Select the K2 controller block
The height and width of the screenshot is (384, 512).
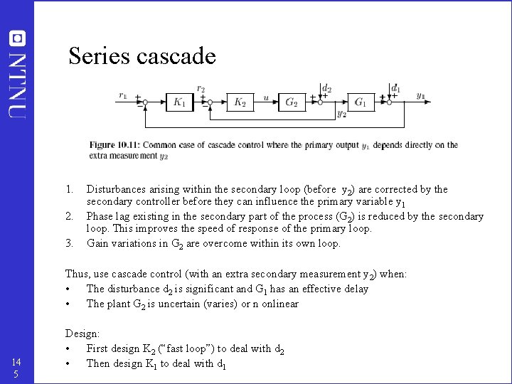tap(240, 102)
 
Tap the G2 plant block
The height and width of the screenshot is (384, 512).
tap(291, 102)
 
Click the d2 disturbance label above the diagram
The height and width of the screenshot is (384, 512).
tap(326, 89)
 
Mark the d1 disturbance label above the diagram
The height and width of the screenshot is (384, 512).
tap(396, 90)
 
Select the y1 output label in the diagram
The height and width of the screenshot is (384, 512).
tap(421, 95)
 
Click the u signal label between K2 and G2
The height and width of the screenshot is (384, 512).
tap(266, 97)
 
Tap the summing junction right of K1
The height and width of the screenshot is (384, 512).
tap(207, 102)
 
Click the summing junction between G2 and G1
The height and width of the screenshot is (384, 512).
tap(321, 102)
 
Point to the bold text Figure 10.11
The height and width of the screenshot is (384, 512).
tap(114, 145)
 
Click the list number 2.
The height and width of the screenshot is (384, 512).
tap(70, 215)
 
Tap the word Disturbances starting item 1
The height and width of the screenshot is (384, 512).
tap(119, 189)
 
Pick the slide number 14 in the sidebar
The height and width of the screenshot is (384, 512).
tap(16, 362)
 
